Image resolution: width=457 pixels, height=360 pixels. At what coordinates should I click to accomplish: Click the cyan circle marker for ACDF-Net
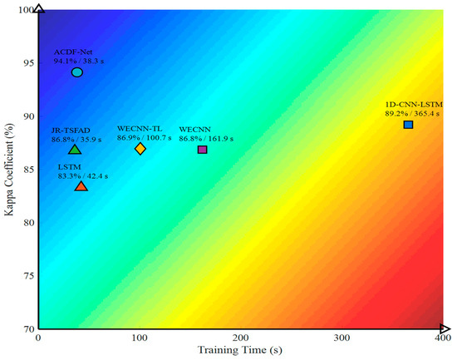77,72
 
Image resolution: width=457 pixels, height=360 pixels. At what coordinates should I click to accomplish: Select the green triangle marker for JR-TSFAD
75,150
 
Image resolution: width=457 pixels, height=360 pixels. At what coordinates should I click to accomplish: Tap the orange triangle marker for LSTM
81,186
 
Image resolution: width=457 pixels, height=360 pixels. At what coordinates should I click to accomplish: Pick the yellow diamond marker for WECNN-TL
140,149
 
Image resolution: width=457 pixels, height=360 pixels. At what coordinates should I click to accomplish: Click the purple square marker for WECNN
202,150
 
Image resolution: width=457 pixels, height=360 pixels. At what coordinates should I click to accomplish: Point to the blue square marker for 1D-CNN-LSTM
408,125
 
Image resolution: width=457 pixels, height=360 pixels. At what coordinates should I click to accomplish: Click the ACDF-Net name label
73,52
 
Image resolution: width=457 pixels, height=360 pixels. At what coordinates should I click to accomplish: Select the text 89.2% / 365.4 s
412,114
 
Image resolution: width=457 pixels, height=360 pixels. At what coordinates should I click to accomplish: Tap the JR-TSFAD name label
71,131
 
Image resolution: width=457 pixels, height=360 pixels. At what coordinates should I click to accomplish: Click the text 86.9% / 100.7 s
145,138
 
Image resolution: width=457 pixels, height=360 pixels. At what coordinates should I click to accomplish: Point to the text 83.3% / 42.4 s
83,176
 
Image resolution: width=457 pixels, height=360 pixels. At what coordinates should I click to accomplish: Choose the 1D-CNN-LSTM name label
414,105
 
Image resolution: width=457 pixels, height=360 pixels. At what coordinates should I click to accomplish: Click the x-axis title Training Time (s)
240,350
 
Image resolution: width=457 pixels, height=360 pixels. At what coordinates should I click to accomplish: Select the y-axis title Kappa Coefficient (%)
9,170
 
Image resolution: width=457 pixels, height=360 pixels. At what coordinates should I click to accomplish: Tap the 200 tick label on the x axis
240,338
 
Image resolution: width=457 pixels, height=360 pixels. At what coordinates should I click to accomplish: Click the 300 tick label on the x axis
342,338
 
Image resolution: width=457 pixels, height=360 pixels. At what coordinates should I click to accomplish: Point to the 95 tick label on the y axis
28,63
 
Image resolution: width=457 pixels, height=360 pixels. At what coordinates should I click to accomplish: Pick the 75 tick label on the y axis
28,276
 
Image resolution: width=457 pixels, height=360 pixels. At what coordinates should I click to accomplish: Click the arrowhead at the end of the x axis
445,328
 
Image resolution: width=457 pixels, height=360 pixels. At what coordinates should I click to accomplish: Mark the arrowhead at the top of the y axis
39,8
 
